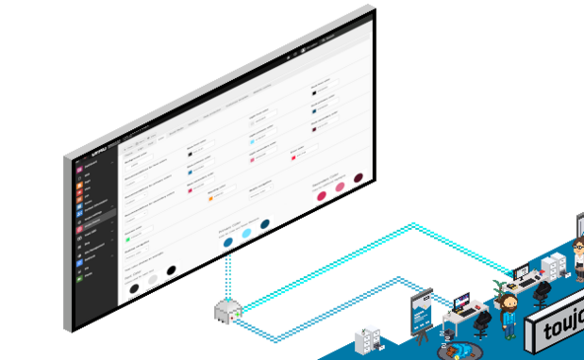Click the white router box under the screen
tap(227, 313)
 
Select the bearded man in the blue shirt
tap(509, 314)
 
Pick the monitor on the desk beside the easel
tap(462, 298)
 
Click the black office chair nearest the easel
tap(481, 321)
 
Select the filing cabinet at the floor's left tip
tap(368, 341)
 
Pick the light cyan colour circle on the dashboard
tap(247, 233)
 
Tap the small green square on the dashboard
tap(128, 237)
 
